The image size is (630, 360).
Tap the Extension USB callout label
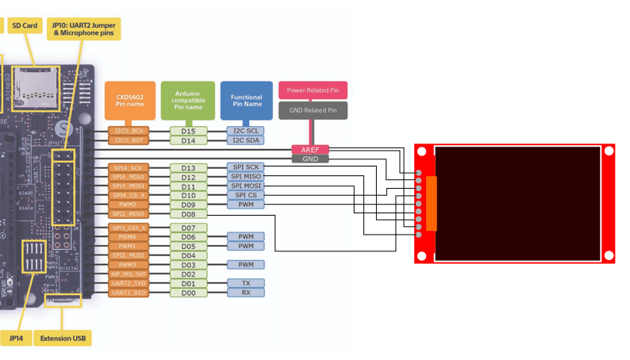coord(63,339)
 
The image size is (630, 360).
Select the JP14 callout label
coord(16,339)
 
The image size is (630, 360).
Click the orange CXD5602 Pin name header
coord(129,100)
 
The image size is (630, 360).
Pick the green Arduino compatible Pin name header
coord(187,100)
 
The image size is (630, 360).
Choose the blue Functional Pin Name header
coord(246,100)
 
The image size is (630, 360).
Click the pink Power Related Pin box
coord(313,90)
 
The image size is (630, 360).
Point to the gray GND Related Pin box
coord(313,110)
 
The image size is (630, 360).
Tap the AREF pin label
coord(310,149)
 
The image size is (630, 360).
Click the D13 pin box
coord(188,168)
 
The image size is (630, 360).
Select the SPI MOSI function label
coord(246,186)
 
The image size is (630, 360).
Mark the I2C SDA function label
coord(246,140)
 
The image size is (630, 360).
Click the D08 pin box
coord(188,214)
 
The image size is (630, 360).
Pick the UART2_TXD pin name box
coord(128,283)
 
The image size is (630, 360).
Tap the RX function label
coord(246,293)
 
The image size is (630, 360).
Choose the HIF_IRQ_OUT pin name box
coord(128,274)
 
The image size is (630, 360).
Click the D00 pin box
coord(188,293)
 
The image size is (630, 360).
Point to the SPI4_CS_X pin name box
coord(128,195)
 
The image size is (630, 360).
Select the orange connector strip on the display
coord(432,204)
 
